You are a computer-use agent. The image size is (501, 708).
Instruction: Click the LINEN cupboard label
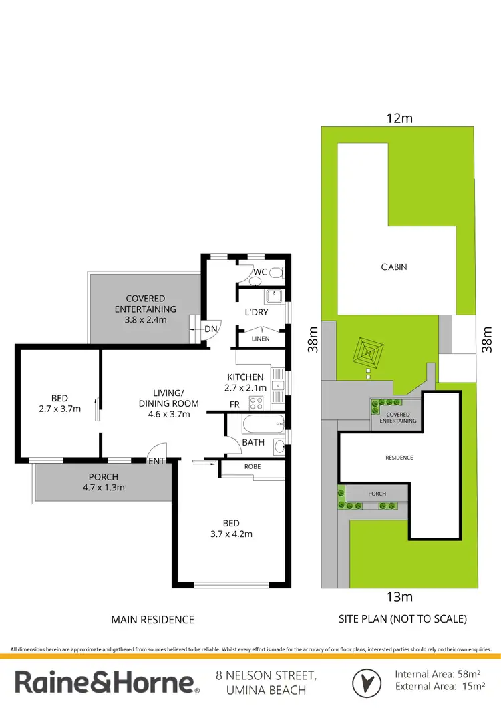coord(261,339)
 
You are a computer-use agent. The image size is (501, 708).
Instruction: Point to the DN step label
coord(210,329)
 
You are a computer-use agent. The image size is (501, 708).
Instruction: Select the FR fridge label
coord(234,405)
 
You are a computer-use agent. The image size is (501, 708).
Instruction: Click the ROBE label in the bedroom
coord(253,467)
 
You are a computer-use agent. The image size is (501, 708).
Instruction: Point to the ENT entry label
coord(156,461)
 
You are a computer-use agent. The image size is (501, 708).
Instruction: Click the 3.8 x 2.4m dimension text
coord(146,320)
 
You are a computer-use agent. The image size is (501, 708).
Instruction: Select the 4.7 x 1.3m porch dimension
coord(104,488)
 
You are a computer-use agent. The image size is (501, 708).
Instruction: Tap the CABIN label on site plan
coord(394,267)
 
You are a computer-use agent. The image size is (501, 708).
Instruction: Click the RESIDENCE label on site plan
coord(399,458)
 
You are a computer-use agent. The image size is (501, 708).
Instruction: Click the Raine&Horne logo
coord(107,682)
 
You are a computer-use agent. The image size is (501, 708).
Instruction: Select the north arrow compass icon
coord(366,682)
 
